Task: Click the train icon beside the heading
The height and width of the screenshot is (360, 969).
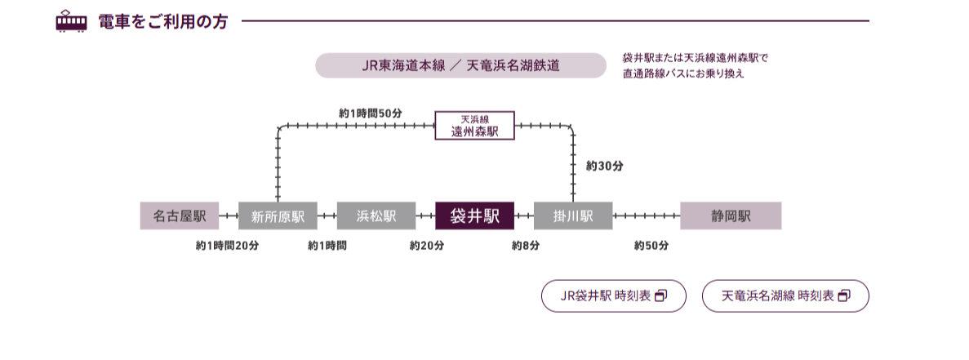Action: point(71,21)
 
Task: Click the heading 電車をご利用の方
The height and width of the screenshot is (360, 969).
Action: point(162,22)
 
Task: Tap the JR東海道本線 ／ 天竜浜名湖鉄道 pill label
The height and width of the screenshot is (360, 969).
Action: point(461,66)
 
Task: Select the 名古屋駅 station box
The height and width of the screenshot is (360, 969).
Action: point(180,216)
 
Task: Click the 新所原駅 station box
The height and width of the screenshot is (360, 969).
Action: point(278,216)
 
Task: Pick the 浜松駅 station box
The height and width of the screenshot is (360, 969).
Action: point(376,216)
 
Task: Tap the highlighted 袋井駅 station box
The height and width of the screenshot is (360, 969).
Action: point(474,216)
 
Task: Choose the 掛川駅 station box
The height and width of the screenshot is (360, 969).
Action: point(572,216)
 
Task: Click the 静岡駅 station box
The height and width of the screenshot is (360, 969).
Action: point(731,216)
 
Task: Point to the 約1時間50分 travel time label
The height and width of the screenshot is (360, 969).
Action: point(371,112)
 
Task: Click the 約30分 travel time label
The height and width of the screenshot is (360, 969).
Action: point(604,166)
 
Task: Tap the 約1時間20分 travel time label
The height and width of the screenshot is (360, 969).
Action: point(227,245)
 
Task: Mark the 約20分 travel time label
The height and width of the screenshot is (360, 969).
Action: point(427,245)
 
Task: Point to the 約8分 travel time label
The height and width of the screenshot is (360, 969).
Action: point(525,245)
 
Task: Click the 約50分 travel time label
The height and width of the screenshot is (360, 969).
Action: point(651,245)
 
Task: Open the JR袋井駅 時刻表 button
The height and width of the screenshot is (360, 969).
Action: point(613,296)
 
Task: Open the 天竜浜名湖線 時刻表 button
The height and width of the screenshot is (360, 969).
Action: point(785,296)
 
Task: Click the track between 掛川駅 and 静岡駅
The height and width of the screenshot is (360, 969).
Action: point(646,216)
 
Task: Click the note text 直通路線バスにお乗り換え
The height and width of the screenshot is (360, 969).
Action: point(683,73)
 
